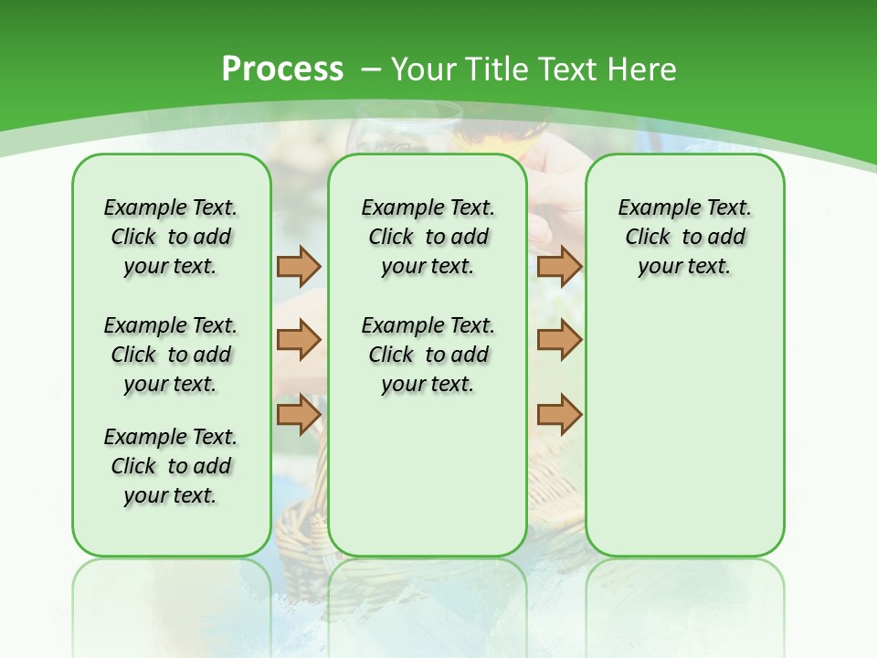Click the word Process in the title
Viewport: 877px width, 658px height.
(x=282, y=69)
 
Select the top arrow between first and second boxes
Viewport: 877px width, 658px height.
(x=299, y=266)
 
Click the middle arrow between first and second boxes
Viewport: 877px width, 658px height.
(x=299, y=340)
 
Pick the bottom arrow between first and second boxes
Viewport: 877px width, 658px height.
(x=299, y=414)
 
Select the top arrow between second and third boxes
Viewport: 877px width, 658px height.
(x=559, y=266)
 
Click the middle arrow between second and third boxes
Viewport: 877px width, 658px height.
(x=559, y=340)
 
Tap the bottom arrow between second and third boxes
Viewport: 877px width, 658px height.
(x=559, y=414)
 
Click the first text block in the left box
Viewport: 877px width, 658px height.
(x=171, y=237)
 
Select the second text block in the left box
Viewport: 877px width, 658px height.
(x=171, y=355)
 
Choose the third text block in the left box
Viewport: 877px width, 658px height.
(x=171, y=466)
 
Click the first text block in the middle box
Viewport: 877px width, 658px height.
(x=428, y=237)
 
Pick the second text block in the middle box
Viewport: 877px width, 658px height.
(x=428, y=355)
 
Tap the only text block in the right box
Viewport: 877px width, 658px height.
(x=684, y=237)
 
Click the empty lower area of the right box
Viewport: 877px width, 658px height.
(x=684, y=439)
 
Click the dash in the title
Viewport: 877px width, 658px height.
(x=370, y=69)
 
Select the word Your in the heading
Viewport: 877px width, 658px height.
(x=426, y=69)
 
